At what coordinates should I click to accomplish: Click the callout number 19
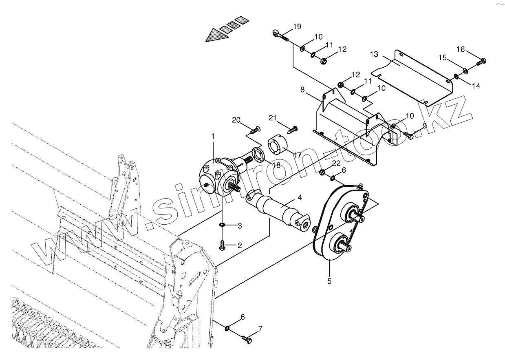[x=297, y=27]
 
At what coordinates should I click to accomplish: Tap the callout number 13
[x=374, y=54]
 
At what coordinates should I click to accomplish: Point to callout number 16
[x=460, y=49]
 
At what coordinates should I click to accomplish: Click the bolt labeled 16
[x=481, y=62]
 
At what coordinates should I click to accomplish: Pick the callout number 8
[x=302, y=89]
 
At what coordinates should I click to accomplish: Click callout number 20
[x=236, y=120]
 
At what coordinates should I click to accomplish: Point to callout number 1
[x=213, y=136]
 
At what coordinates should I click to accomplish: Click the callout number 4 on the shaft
[x=300, y=198]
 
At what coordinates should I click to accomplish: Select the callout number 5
[x=329, y=281]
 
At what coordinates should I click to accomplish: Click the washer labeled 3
[x=222, y=225]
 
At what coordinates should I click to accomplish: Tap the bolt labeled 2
[x=223, y=245]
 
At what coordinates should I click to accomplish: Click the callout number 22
[x=336, y=163]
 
